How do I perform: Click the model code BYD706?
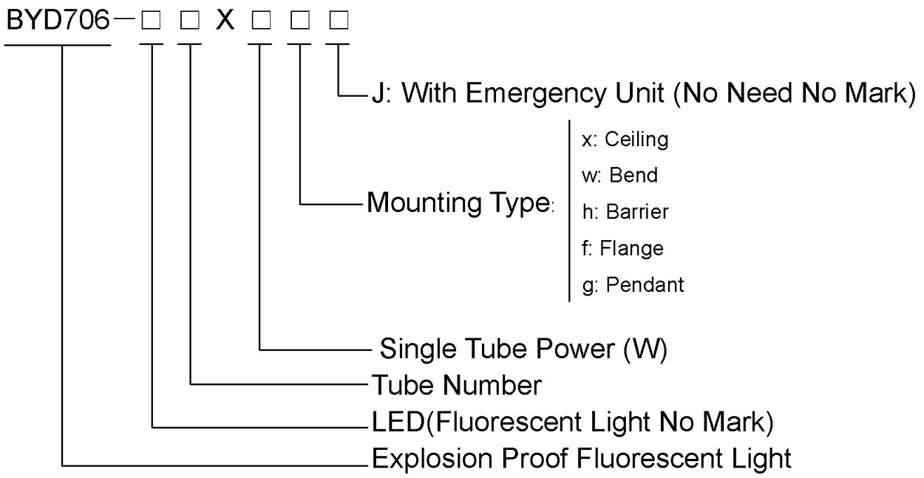tap(58, 21)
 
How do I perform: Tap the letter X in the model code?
tap(225, 21)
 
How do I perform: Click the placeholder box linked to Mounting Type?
tap(299, 21)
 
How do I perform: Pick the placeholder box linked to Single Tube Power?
tap(259, 21)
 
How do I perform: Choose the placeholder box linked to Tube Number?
tap(190, 21)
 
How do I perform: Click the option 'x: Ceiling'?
tap(625, 139)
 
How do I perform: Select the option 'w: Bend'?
tap(619, 176)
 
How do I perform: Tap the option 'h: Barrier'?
tap(625, 212)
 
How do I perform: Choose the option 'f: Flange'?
tap(622, 248)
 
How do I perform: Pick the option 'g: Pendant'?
tap(633, 284)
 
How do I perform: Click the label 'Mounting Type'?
tap(458, 202)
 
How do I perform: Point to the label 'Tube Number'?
tap(456, 385)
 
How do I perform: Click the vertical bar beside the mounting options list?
tap(568, 211)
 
